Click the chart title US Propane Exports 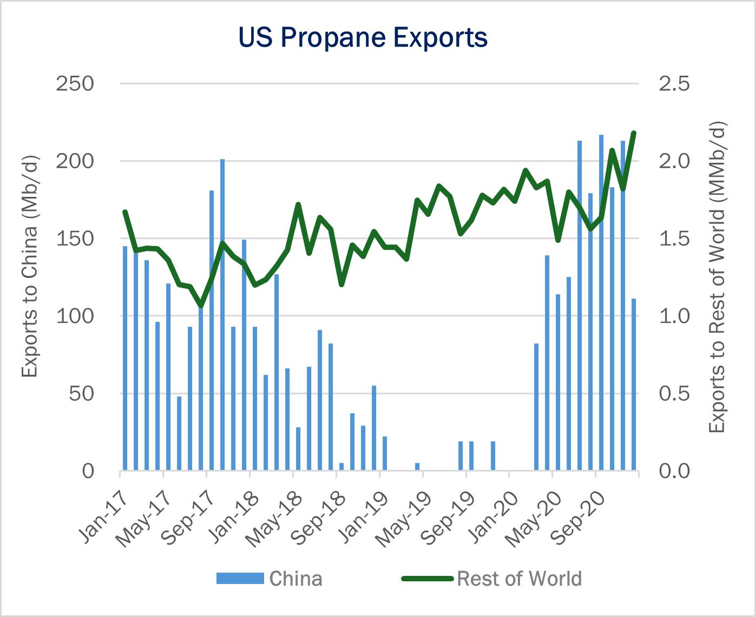point(363,38)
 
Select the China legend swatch point(240,578)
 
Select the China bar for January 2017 point(125,358)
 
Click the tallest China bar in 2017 point(222,315)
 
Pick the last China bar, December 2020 point(634,384)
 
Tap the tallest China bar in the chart point(601,302)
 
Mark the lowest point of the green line point(201,306)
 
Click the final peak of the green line point(634,133)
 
